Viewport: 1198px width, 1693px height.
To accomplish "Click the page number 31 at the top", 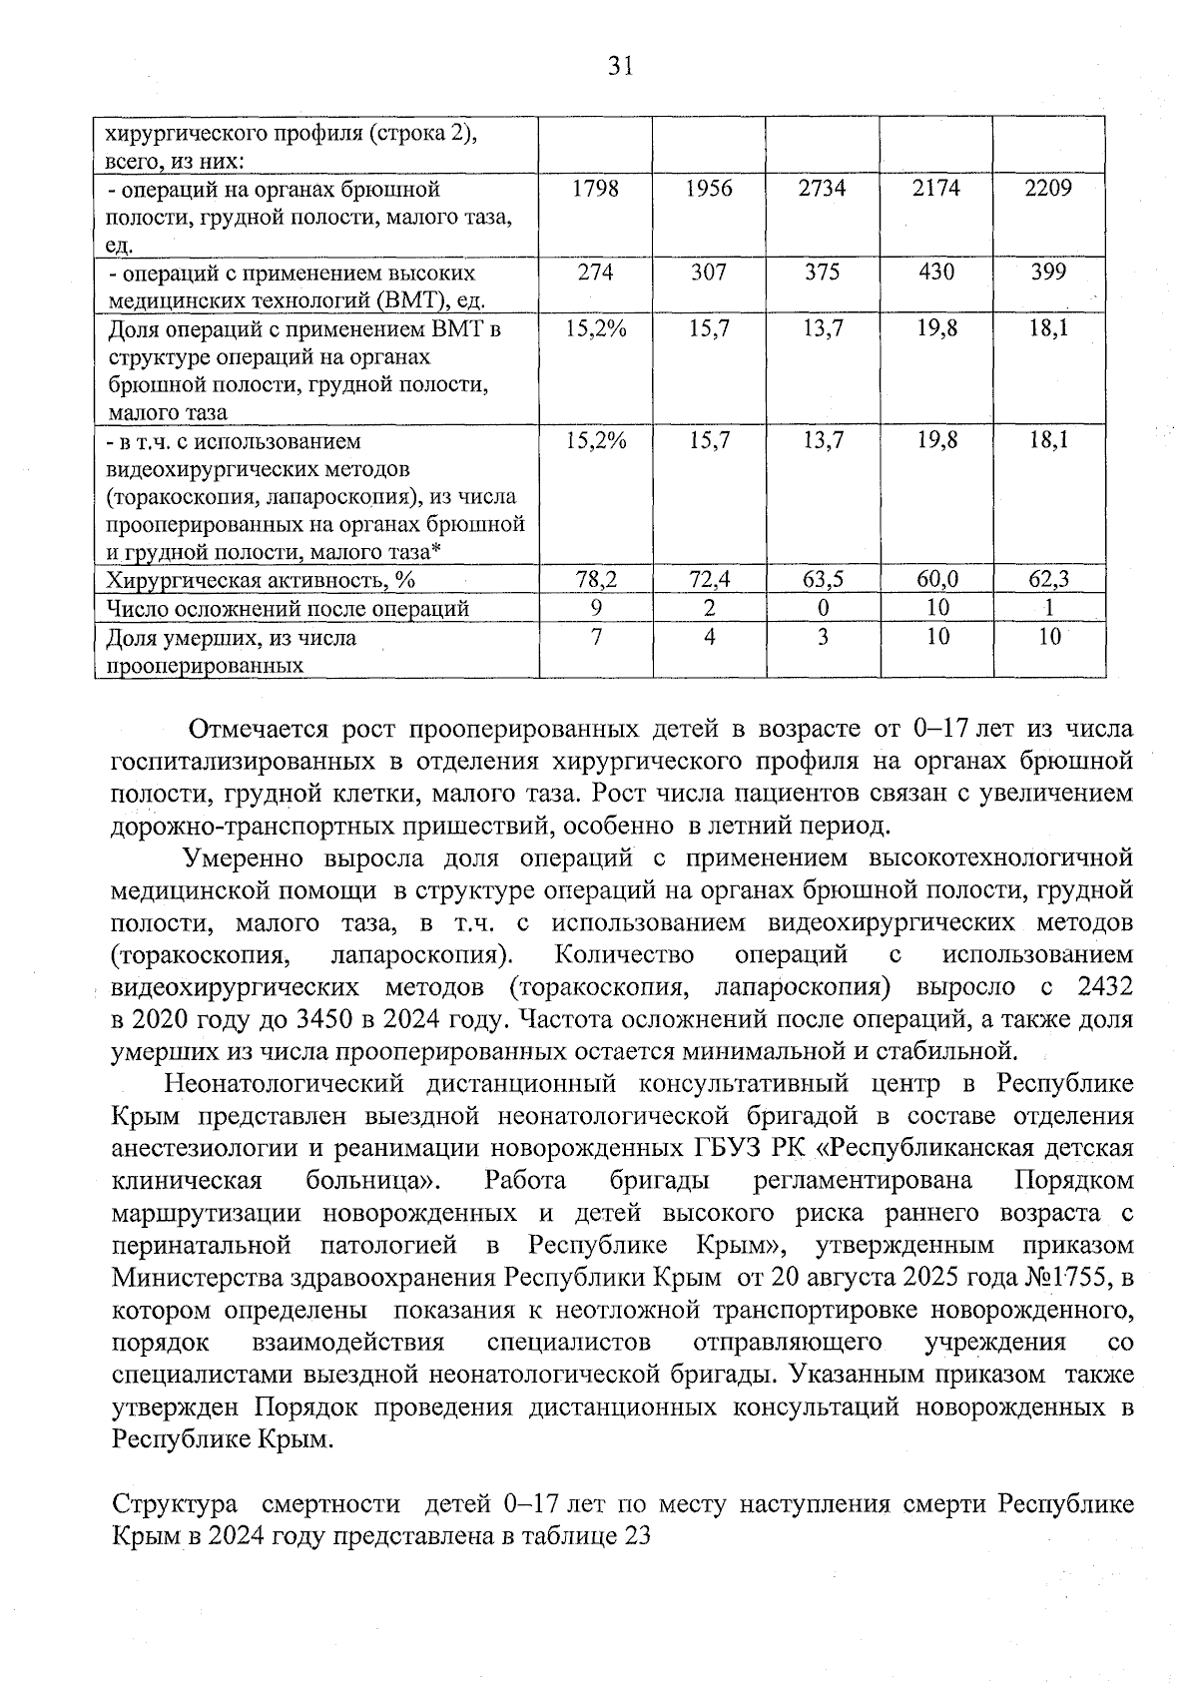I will click(620, 67).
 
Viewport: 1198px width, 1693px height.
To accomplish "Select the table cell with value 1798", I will click(595, 189).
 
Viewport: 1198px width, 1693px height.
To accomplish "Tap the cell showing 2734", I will click(822, 189).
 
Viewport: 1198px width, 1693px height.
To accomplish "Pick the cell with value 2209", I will click(1048, 189).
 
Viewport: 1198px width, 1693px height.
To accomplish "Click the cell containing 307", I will click(709, 273).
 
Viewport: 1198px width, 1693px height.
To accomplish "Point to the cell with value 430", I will click(935, 273).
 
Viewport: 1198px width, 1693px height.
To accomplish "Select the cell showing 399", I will click(1048, 273).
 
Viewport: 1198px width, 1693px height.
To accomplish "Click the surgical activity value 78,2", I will click(595, 579).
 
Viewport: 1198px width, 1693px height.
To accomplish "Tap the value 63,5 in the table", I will click(822, 579).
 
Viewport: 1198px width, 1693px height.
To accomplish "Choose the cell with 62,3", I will click(1048, 579).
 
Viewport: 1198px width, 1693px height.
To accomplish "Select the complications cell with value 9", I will click(595, 608).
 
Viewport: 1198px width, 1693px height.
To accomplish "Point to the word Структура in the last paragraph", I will click(175, 1503).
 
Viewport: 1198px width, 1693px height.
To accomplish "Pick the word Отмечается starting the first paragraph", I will click(260, 729).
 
